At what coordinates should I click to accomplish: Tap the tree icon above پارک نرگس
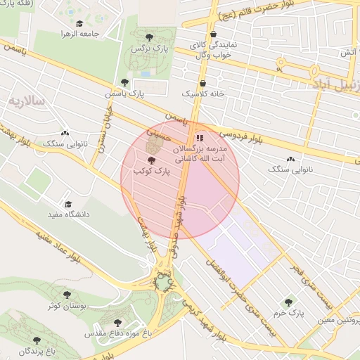pyautogui.click(x=148, y=37)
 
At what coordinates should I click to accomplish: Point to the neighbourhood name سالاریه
pyautogui.click(x=26, y=101)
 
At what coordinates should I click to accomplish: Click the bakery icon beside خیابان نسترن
pyautogui.click(x=65, y=131)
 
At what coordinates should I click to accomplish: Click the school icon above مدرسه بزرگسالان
pyautogui.click(x=200, y=138)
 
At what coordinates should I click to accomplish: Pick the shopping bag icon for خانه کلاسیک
pyautogui.click(x=202, y=82)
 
